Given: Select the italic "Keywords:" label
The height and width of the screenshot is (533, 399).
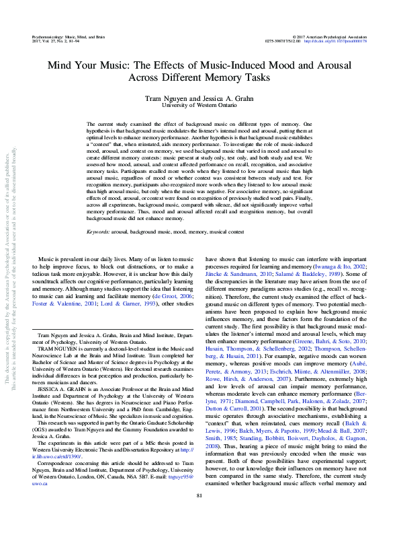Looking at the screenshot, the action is tap(99, 232).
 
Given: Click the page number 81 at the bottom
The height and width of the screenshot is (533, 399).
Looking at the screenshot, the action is tap(199, 514).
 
